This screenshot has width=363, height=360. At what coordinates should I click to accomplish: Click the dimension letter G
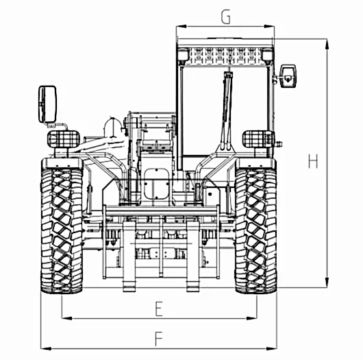click(x=226, y=16)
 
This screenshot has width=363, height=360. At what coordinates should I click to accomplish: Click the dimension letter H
click(x=313, y=161)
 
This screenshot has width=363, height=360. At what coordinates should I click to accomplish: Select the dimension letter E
click(x=159, y=309)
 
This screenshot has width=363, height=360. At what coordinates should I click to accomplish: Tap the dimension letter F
click(x=159, y=339)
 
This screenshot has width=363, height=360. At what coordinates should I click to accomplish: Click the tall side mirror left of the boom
click(x=47, y=104)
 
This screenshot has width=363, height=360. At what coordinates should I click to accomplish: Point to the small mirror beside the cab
click(x=288, y=76)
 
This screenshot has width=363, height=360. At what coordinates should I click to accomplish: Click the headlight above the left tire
click(x=64, y=139)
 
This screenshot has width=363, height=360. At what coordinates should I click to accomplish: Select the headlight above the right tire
click(x=258, y=139)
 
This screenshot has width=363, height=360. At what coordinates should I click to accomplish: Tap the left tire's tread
click(x=62, y=230)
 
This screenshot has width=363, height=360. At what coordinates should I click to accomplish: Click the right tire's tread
click(x=256, y=230)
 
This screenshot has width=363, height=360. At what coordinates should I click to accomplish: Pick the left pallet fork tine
click(x=129, y=256)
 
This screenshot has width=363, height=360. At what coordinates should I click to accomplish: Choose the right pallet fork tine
click(x=193, y=256)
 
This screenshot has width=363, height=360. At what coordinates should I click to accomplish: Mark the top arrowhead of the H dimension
click(x=327, y=44)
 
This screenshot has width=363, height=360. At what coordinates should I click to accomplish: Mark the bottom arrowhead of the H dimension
click(x=327, y=282)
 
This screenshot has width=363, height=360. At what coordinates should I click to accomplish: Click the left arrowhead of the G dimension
click(x=181, y=27)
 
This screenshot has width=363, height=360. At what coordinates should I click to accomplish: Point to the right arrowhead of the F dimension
click(x=271, y=348)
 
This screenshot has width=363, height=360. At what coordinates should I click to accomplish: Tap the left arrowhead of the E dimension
click(x=66, y=318)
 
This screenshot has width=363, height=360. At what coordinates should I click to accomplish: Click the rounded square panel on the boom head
click(x=156, y=184)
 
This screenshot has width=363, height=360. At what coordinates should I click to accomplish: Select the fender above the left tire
click(x=62, y=163)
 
